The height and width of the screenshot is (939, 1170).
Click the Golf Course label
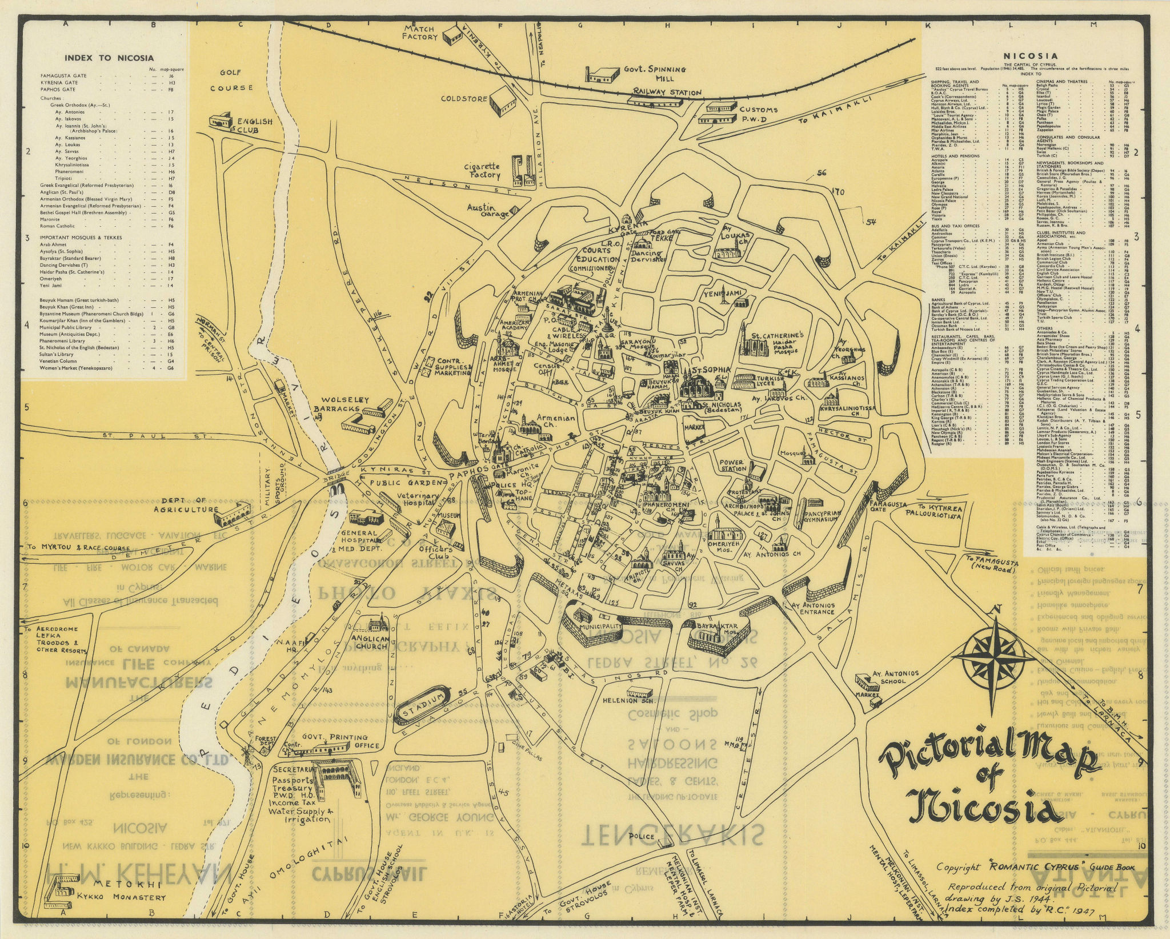coord(231,80)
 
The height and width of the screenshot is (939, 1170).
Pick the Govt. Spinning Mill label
coord(663,74)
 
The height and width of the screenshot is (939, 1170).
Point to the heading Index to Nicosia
coord(109,58)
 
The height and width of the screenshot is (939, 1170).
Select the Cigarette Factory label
coord(482,171)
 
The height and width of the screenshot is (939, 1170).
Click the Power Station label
coord(732,466)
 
